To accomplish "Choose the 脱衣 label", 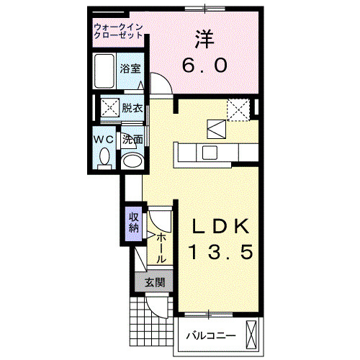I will click(132, 108).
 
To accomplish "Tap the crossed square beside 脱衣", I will click(109, 108).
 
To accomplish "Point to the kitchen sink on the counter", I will click(210, 152).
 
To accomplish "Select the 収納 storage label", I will click(134, 222).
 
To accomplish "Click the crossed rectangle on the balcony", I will click(251, 333).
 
